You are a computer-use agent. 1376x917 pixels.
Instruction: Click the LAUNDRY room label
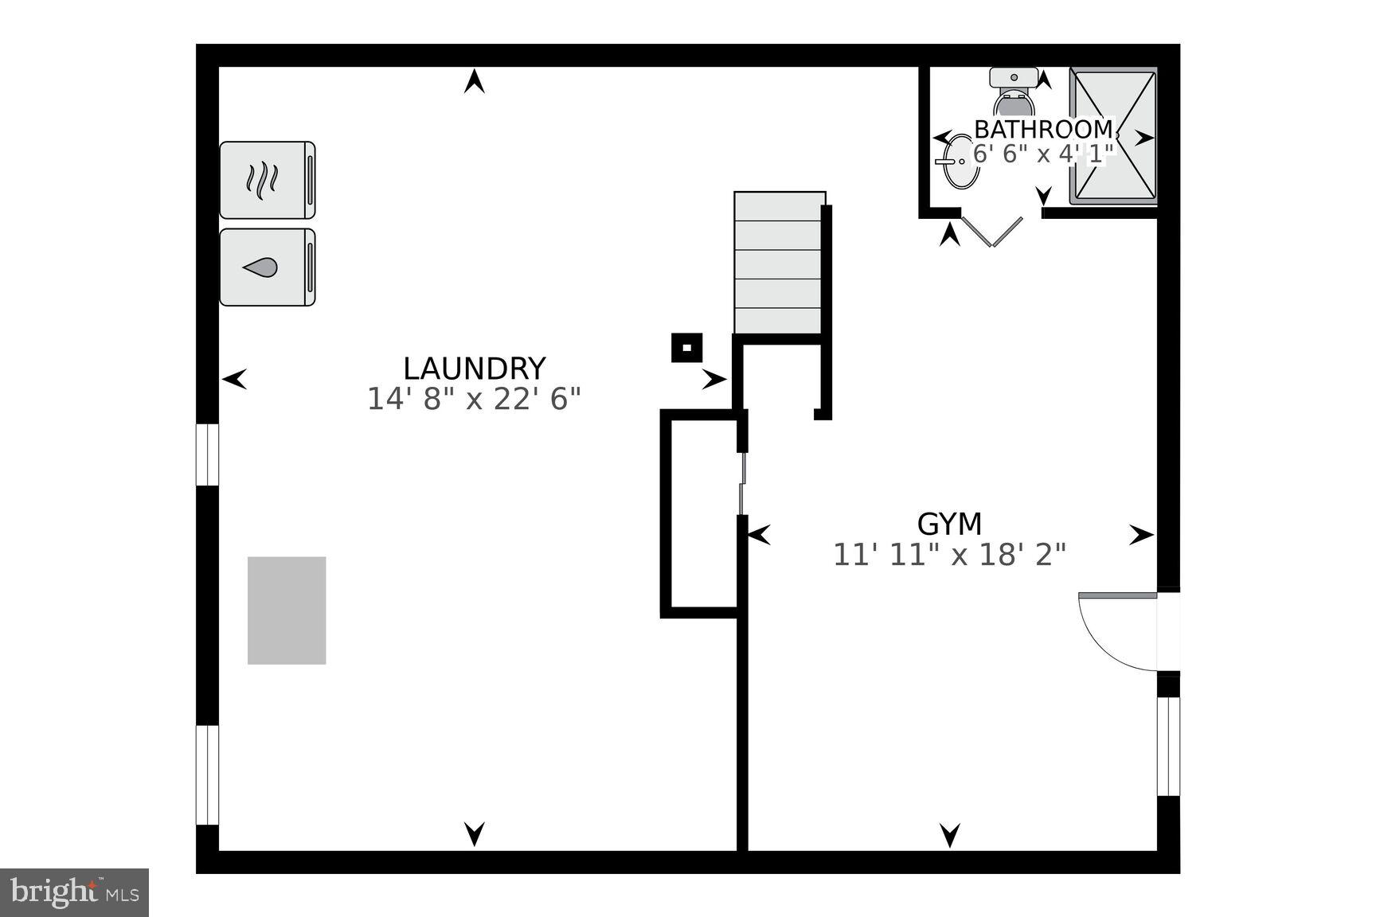click(474, 369)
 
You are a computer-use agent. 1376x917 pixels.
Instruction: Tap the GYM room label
click(949, 524)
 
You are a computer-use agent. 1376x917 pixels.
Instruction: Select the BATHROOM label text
click(1043, 129)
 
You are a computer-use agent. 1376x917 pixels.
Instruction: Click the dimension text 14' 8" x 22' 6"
click(474, 399)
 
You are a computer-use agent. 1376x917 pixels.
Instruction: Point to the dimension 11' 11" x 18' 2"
click(949, 554)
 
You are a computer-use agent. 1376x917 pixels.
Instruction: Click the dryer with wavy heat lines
click(267, 180)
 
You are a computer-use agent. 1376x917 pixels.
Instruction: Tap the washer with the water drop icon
click(267, 267)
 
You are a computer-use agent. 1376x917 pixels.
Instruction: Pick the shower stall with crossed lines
click(1112, 135)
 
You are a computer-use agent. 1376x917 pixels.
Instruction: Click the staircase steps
click(778, 263)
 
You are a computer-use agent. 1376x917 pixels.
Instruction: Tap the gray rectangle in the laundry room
click(287, 611)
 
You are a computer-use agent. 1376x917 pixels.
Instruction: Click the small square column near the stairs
click(686, 348)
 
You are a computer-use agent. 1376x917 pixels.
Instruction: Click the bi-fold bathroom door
click(992, 230)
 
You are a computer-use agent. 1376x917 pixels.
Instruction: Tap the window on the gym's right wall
click(1167, 746)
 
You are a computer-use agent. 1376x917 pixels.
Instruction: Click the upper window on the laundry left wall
click(207, 455)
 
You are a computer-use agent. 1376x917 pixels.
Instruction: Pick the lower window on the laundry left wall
click(207, 775)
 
